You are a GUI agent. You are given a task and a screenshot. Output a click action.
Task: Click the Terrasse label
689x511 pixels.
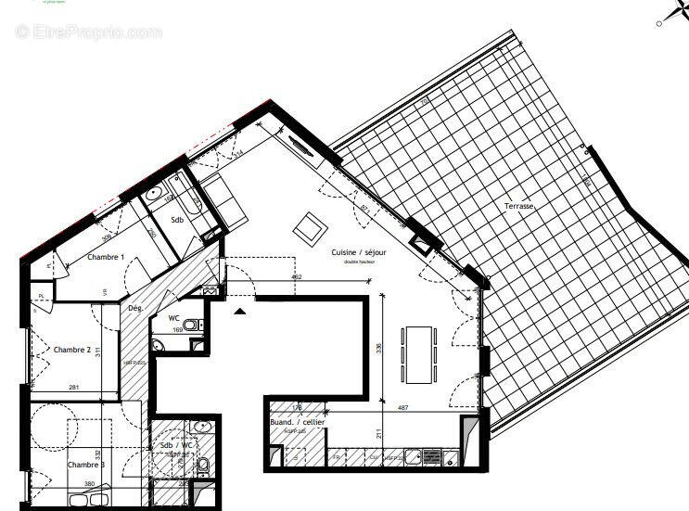[x=518, y=206]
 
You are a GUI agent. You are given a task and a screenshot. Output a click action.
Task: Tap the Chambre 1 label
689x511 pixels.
[x=106, y=257]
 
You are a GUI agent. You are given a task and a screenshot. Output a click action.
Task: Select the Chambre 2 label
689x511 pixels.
[x=72, y=350]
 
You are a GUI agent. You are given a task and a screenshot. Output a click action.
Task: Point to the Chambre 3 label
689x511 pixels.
[x=86, y=465]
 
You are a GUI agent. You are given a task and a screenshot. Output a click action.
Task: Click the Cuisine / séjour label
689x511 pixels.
[x=360, y=252]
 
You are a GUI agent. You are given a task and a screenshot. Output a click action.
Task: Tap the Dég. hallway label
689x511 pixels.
[x=134, y=308]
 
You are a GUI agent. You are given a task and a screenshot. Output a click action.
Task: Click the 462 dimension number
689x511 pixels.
[x=297, y=276]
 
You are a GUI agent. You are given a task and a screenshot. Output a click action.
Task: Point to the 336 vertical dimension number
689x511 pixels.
[x=378, y=349]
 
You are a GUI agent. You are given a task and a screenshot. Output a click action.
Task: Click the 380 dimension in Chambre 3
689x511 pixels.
[x=89, y=483]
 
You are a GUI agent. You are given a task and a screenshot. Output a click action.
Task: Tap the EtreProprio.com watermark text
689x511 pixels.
[x=88, y=32]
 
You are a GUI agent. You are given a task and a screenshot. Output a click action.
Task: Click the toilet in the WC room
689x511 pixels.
[x=190, y=326]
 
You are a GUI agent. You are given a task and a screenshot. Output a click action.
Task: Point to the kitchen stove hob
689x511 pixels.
[x=431, y=456]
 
